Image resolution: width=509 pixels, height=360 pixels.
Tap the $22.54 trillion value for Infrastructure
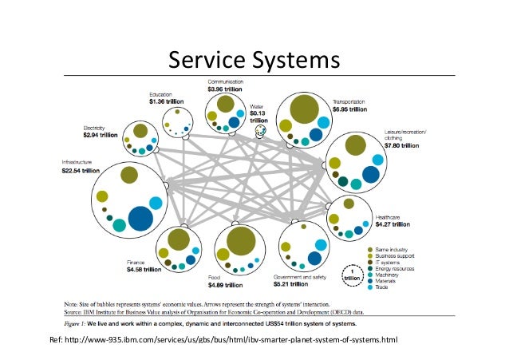click(81, 170)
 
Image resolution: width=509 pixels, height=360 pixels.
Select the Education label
click(162, 94)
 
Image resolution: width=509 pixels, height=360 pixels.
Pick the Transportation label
click(349, 102)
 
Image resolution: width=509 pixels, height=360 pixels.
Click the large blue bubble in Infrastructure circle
click(141, 218)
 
